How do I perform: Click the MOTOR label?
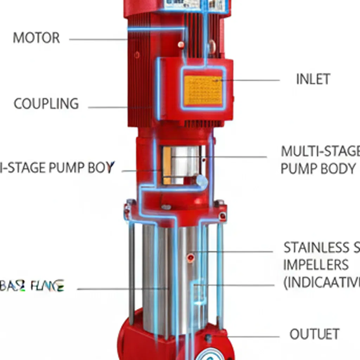point(36,38)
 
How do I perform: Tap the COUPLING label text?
point(46,104)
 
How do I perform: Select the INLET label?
point(313,79)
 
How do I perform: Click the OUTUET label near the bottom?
point(314,334)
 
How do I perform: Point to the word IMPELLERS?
point(316,265)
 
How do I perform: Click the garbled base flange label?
point(32,286)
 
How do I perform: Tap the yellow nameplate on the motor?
point(203,90)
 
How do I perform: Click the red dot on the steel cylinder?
point(191,258)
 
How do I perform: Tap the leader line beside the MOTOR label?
point(98,39)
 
